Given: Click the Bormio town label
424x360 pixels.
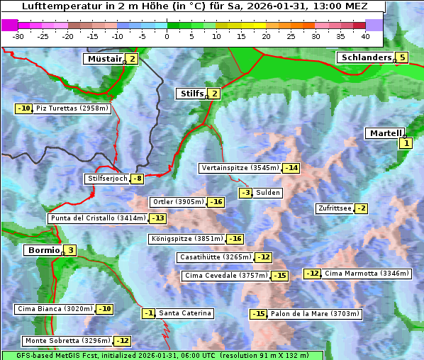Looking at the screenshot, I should pos(43,250).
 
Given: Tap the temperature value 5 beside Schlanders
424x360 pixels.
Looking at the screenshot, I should pos(403,58).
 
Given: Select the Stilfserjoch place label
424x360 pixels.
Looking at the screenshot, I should pos(108,179).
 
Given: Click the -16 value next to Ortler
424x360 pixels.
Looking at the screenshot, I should pos(216,202).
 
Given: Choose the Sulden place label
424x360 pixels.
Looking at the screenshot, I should pos(268,193).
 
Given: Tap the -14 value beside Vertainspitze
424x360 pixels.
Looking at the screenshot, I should pos(291,168).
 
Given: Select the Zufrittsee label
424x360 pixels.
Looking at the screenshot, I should pos(334,208).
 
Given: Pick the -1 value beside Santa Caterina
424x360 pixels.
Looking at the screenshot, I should pos(148,313).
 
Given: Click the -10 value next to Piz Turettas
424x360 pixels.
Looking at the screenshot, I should pos(24,108).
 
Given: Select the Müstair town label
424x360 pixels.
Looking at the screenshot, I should pos(104,59).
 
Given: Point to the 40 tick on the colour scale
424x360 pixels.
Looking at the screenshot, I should pos(365,35).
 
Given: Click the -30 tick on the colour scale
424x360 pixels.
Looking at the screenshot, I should pos(18,35).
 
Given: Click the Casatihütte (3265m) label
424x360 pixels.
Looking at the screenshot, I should pos(216,257).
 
